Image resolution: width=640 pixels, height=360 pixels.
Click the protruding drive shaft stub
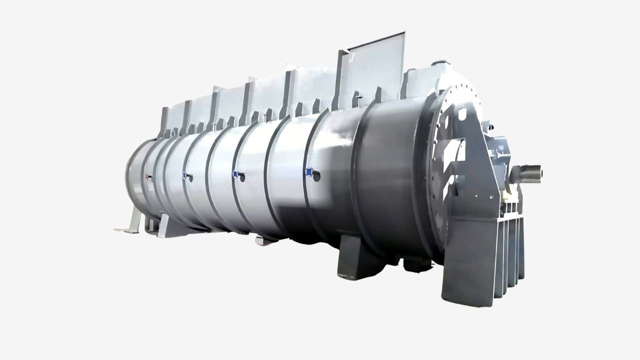531,172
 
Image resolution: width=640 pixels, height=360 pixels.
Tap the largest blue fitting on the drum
310,173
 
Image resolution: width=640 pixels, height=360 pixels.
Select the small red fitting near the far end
147,177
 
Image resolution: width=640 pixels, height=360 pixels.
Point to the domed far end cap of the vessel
131,172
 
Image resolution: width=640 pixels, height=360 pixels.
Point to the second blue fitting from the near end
235,174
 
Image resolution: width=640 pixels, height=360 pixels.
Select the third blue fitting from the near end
185,175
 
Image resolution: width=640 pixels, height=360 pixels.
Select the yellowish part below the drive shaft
510,192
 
